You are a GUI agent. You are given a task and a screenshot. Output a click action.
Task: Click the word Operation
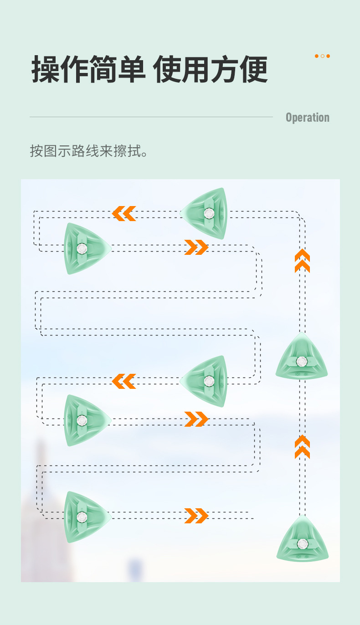(307, 118)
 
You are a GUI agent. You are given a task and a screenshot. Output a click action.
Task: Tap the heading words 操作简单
(88, 70)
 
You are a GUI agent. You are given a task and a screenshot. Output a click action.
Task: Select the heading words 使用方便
(210, 70)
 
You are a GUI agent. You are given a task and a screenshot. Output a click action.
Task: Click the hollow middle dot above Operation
(322, 56)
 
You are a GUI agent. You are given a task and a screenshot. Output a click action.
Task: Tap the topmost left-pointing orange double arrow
(124, 213)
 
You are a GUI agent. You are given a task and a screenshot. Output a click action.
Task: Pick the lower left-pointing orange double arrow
(124, 381)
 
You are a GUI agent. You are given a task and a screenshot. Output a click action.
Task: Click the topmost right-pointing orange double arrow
(196, 247)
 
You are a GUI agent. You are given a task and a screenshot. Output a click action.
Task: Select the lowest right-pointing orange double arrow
(196, 516)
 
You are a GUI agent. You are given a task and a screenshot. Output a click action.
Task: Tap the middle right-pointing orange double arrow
(196, 419)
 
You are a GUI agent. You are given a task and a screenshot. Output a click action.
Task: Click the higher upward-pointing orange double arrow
(302, 261)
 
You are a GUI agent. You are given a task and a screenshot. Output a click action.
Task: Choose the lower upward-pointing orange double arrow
(302, 447)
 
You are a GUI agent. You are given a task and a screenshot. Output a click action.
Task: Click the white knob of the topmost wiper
(209, 213)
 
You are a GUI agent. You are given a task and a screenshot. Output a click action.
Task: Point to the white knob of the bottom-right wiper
(302, 543)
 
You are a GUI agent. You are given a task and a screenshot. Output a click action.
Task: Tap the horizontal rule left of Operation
(151, 117)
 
